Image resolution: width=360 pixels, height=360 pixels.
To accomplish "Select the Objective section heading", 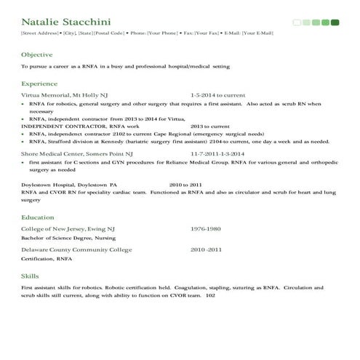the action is pos(37,55).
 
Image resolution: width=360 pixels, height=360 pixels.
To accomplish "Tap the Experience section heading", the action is pos(40,84).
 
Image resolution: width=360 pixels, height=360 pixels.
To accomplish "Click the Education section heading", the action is pos(38,217).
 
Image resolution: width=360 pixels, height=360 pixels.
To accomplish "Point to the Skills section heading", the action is pos(31,276).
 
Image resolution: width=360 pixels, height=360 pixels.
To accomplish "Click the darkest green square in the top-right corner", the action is pos(335,23).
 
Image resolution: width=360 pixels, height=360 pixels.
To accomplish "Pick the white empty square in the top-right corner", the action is pos(297,23).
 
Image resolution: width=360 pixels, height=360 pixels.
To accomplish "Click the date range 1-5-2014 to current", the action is pos(218,95).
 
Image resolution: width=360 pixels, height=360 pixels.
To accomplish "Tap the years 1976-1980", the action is pos(206,228).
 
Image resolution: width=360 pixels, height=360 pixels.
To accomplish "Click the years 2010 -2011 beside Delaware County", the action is pos(207,249).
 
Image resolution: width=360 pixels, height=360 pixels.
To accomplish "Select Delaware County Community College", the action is pos(76,249).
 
